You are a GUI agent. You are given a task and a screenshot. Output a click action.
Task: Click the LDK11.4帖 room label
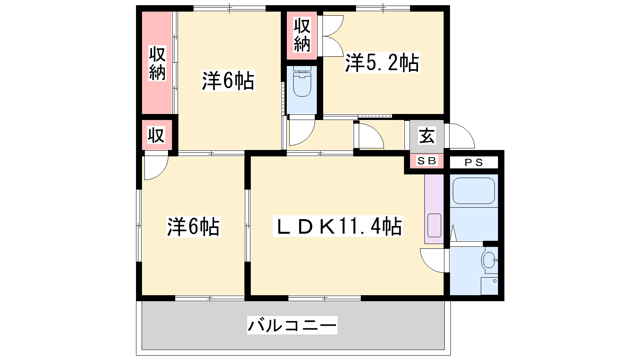coord(338,226)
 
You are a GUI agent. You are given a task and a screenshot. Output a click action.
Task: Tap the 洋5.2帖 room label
coord(382,62)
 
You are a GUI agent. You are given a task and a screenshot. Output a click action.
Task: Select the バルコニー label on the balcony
coord(292,325)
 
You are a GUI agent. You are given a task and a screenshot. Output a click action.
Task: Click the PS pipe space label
coord(474,162)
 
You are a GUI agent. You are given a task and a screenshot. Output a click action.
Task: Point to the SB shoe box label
coord(427,161)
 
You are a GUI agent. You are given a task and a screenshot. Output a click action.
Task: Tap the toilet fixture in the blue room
coord(302,82)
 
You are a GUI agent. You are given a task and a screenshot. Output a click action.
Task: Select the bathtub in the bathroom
coord(474,191)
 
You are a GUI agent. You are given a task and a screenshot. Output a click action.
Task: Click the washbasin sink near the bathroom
coord(490,260)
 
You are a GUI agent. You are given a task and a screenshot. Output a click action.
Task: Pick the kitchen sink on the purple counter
coord(434,226)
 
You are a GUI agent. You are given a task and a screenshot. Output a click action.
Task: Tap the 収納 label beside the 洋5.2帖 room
coord(302,35)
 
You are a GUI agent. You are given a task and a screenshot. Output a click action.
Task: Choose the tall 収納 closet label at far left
coord(157,64)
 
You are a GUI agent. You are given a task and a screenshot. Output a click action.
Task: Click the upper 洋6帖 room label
coord(228,81)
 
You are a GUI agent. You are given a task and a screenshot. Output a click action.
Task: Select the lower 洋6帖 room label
coord(194,227)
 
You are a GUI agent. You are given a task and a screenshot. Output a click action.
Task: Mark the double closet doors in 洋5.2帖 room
coord(331,36)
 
